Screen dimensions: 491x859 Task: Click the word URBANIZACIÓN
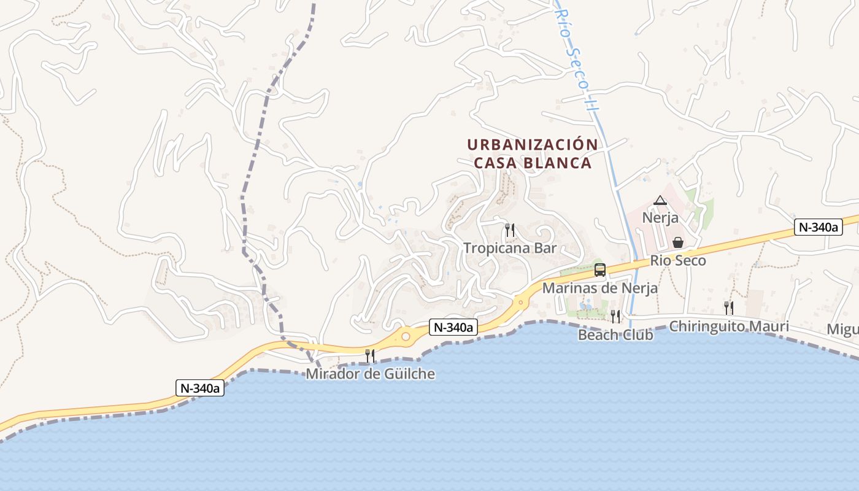(x=533, y=145)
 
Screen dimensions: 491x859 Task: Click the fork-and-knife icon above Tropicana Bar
(x=510, y=230)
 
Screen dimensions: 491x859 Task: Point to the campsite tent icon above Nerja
(x=660, y=200)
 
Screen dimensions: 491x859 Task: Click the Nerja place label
(x=660, y=217)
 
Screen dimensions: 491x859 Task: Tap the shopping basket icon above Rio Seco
(x=678, y=242)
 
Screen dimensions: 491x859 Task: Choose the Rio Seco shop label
(x=678, y=260)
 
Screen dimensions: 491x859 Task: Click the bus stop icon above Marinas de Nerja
(x=600, y=269)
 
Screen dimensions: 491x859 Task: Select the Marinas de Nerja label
(x=600, y=288)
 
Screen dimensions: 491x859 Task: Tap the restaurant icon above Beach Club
(x=615, y=316)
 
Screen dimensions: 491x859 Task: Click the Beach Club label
(x=615, y=334)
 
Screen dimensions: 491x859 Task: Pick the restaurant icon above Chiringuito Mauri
(x=729, y=307)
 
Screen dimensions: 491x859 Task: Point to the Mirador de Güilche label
(x=371, y=373)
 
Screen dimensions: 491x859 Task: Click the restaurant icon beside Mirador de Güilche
(x=370, y=355)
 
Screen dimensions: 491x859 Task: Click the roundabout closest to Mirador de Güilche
(x=406, y=336)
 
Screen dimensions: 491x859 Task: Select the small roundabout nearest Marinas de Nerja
(x=521, y=301)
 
